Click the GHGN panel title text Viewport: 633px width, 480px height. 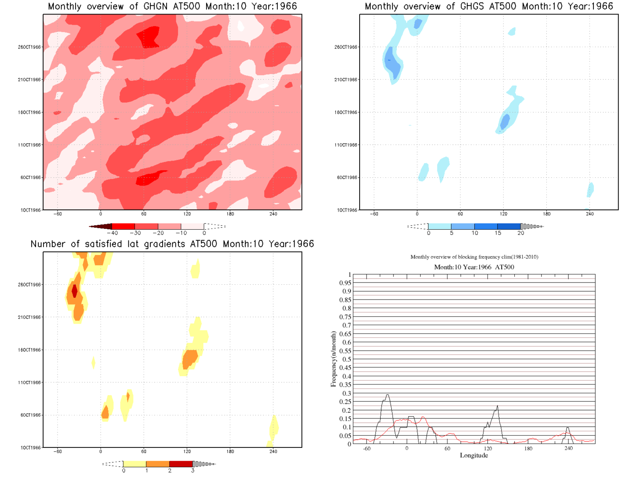pyautogui.click(x=172, y=7)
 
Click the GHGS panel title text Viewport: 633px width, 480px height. pyautogui.click(x=489, y=7)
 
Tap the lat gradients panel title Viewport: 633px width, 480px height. pyautogui.click(x=172, y=244)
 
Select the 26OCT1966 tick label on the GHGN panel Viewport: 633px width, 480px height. pyautogui.click(x=29, y=47)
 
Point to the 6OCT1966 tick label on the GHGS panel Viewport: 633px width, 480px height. pyautogui.click(x=347, y=178)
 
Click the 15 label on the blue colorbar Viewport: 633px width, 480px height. pyautogui.click(x=498, y=233)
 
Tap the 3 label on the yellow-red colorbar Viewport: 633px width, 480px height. pyautogui.click(x=193, y=471)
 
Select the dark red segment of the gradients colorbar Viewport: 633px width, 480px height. pyautogui.click(x=181, y=464)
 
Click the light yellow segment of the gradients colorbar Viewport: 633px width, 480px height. pyautogui.click(x=135, y=464)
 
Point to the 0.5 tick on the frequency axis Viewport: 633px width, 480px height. pyautogui.click(x=347, y=359)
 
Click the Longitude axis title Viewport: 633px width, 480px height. pyautogui.click(x=474, y=455)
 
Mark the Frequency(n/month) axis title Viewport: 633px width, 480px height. pyautogui.click(x=333, y=359)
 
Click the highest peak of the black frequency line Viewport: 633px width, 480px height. pyautogui.click(x=387, y=395)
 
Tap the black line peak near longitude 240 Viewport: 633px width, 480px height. pyautogui.click(x=568, y=428)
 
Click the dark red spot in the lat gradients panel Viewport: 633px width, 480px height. pyautogui.click(x=74, y=291)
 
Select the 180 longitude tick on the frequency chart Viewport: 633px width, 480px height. pyautogui.click(x=528, y=448)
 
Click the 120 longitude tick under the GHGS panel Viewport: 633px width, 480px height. pyautogui.click(x=503, y=214)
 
